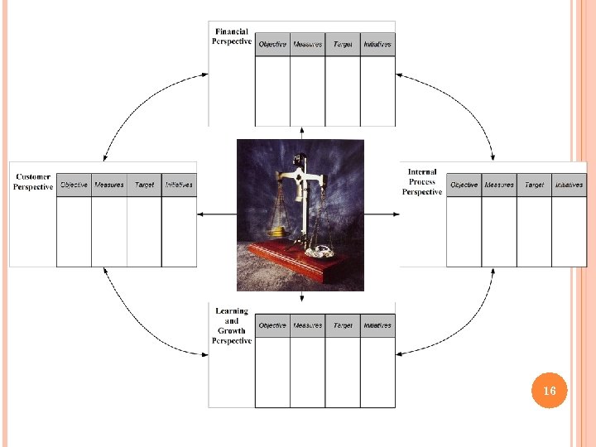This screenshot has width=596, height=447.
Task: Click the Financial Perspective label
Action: pyautogui.click(x=231, y=36)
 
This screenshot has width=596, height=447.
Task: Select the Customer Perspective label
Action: pyautogui.click(x=33, y=182)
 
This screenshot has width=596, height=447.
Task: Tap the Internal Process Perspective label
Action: pyautogui.click(x=422, y=182)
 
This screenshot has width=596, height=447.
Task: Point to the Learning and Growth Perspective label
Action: pyautogui.click(x=232, y=325)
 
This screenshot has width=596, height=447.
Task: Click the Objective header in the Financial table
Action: pyautogui.click(x=272, y=44)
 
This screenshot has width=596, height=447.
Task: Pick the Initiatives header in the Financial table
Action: pyautogui.click(x=377, y=44)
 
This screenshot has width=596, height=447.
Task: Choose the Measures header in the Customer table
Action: pyautogui.click(x=109, y=185)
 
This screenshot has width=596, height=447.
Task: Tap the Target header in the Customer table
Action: pyautogui.click(x=144, y=185)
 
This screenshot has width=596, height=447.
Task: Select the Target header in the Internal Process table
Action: pyautogui.click(x=534, y=185)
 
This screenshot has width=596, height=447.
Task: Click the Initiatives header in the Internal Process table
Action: pyautogui.click(x=569, y=185)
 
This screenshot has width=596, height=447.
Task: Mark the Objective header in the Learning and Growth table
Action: pyautogui.click(x=272, y=325)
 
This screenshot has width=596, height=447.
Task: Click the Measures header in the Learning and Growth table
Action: pyautogui.click(x=308, y=325)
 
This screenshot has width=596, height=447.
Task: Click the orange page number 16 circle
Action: pyautogui.click(x=550, y=390)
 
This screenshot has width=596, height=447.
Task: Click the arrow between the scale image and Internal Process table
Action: pyautogui.click(x=382, y=214)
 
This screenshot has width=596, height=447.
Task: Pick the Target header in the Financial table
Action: pyautogui.click(x=343, y=44)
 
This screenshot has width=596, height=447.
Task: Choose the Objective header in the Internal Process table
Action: pyautogui.click(x=464, y=185)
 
